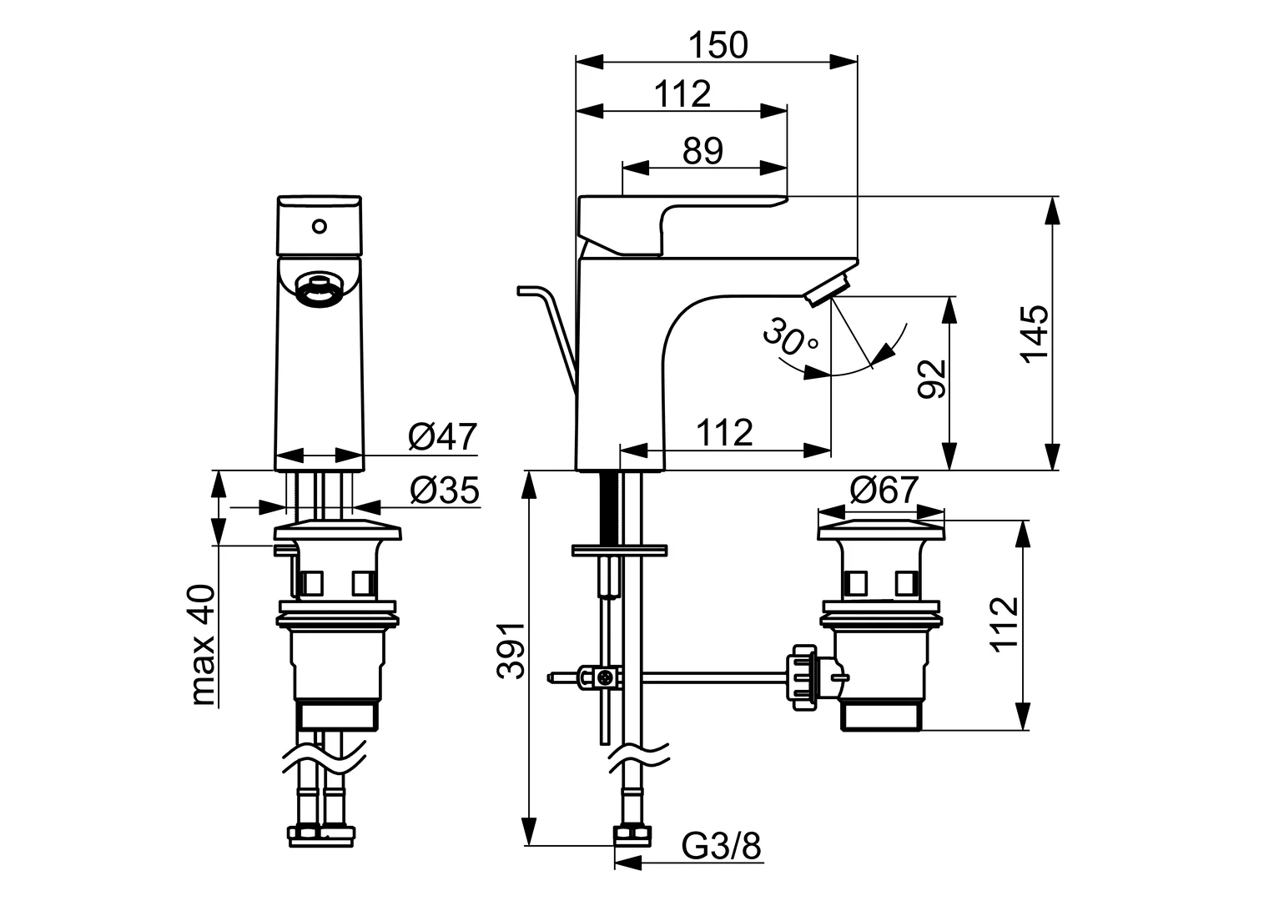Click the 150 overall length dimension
point(718,45)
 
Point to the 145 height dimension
point(1035,333)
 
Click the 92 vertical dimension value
point(931,379)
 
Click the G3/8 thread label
point(722,848)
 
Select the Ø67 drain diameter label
point(884,491)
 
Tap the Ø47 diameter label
point(442,437)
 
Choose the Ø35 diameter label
point(444,492)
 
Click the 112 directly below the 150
point(682,94)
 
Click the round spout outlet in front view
point(318,289)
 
